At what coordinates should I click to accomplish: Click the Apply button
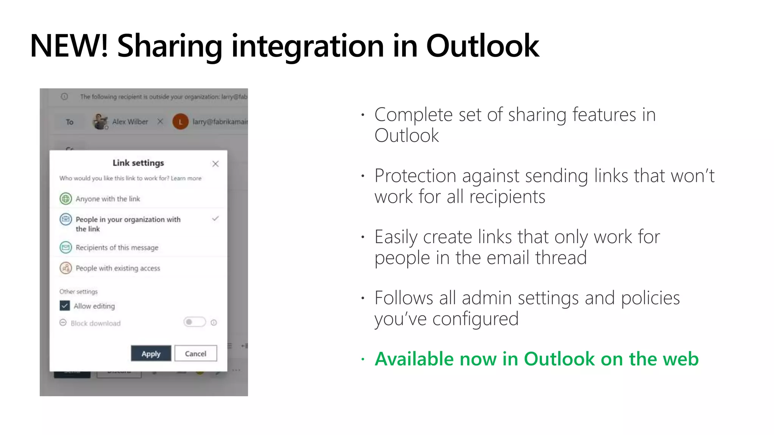[151, 353]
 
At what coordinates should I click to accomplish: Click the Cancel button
[195, 353]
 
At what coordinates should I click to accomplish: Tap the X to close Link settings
[215, 164]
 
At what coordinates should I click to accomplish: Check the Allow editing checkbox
[65, 306]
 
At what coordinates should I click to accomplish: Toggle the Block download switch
[194, 322]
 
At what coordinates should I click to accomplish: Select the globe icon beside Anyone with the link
[66, 199]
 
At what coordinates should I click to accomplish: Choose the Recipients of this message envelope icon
[66, 247]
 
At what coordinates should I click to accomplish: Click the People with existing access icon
[66, 268]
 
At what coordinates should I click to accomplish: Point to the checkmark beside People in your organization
[215, 219]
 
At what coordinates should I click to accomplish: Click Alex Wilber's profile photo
[100, 122]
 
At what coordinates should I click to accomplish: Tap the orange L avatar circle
[180, 122]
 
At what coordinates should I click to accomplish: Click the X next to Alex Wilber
[160, 122]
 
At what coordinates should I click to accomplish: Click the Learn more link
[186, 178]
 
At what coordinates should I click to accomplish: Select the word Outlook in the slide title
[482, 46]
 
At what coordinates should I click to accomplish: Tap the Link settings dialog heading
[138, 163]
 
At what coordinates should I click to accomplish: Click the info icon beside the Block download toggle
[214, 322]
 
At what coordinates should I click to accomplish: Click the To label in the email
[70, 122]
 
